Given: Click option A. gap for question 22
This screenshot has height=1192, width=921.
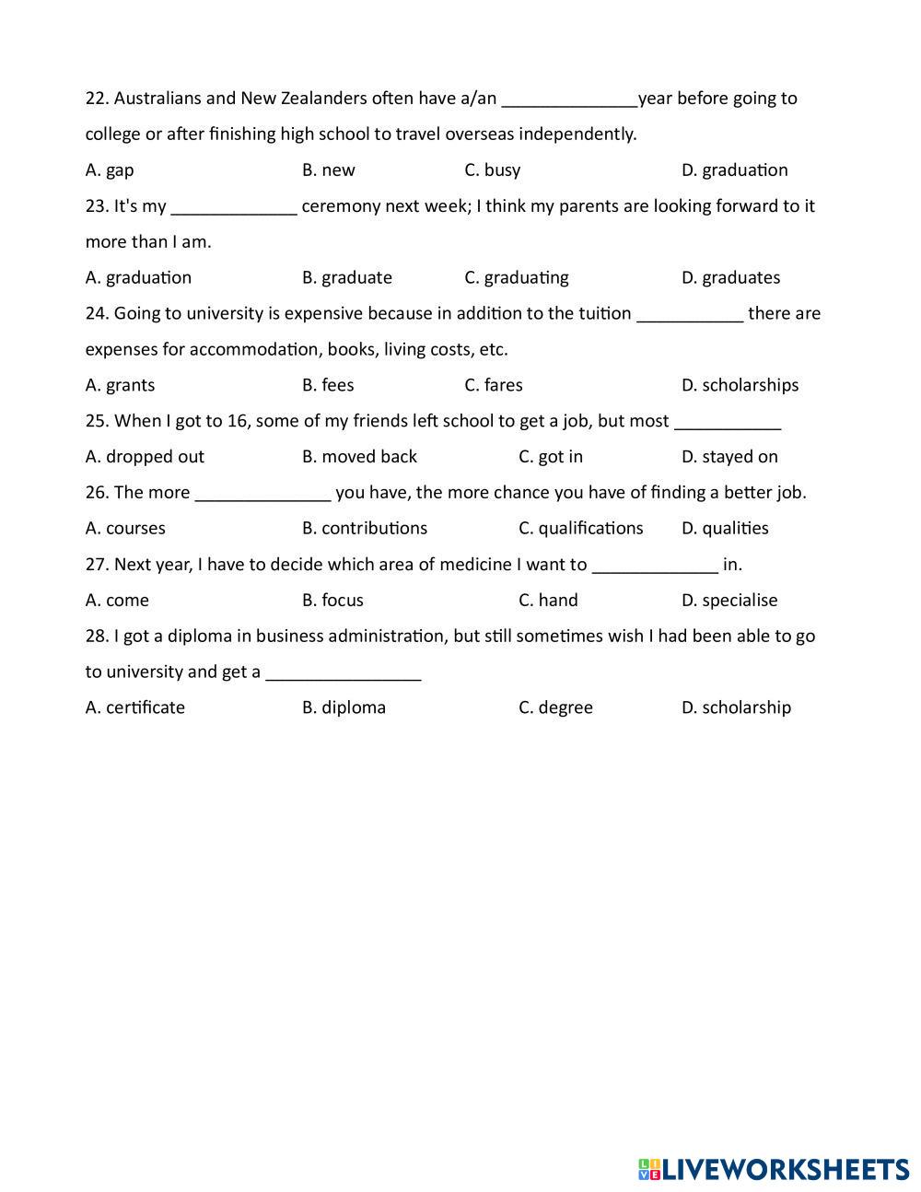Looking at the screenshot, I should [110, 170].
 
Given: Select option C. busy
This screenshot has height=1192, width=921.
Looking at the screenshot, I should [493, 170].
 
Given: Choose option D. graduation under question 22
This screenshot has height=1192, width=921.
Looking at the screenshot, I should [735, 170].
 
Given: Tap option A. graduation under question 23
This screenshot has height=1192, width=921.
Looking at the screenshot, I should [138, 278].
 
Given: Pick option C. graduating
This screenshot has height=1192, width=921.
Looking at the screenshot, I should [517, 278].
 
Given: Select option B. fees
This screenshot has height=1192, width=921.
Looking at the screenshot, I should [328, 385].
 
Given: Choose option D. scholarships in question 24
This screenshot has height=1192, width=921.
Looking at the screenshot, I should [740, 385].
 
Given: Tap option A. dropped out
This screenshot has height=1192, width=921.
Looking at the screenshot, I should [145, 457].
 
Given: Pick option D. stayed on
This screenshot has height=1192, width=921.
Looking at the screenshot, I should [729, 457].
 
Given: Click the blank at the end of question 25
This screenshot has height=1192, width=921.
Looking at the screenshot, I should [728, 424].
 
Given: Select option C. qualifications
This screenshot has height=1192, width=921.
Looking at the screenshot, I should [580, 529].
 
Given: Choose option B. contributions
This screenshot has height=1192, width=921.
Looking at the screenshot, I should [365, 529].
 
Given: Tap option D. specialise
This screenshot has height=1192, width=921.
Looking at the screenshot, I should [729, 601].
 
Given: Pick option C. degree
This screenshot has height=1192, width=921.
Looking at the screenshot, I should [555, 707].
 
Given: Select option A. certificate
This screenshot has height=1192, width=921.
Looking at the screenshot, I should [135, 707].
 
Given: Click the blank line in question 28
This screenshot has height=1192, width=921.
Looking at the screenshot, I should [343, 674].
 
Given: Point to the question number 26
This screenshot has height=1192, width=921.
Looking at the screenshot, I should [97, 493].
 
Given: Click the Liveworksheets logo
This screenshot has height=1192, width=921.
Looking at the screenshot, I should [774, 1169].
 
